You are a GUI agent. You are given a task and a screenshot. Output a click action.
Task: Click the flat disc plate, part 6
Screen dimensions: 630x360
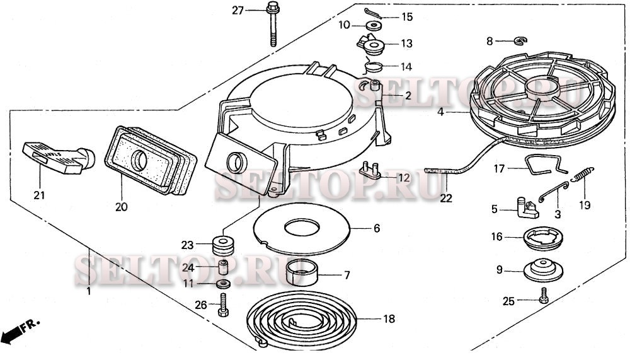point(302,228)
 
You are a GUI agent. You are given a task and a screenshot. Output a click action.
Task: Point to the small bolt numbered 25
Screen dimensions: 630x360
point(544,296)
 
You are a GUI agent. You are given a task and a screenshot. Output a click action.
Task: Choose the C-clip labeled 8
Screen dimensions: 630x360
point(521,40)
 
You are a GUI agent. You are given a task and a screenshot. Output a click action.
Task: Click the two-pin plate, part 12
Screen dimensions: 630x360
point(371,170)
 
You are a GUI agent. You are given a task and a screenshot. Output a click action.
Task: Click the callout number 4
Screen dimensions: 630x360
point(440,112)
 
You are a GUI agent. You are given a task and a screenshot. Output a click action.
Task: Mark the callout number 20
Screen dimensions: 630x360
point(122,207)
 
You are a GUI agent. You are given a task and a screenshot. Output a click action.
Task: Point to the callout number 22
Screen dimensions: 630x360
point(446,198)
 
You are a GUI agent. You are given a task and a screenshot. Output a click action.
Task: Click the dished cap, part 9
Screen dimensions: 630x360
point(544,269)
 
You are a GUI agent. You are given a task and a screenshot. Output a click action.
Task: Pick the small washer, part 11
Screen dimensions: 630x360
point(223,284)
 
